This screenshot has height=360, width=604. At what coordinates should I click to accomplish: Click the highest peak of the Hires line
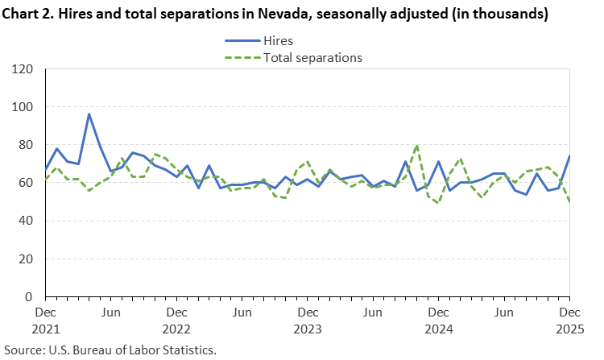point(89,114)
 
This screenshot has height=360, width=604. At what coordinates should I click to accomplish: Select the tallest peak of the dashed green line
point(417,145)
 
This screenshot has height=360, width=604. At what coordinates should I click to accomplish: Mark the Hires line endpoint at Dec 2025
point(569,156)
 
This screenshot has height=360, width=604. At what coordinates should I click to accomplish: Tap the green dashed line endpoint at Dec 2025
point(569,202)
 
